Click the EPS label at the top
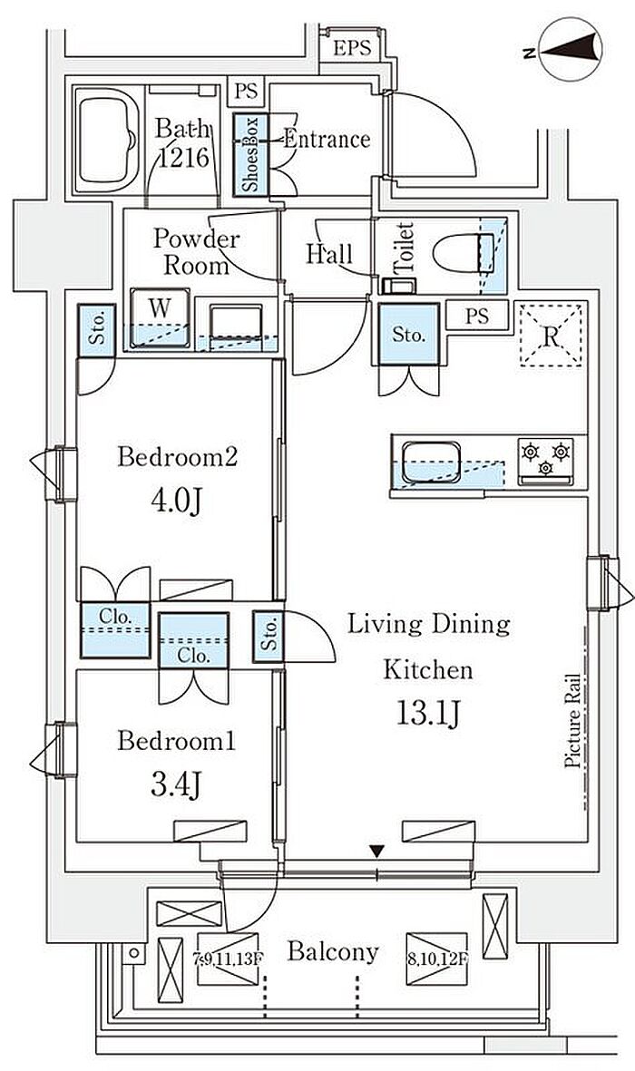pyautogui.click(x=353, y=48)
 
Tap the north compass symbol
pyautogui.click(x=569, y=49)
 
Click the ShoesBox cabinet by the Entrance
pyautogui.click(x=251, y=155)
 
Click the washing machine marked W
pyautogui.click(x=161, y=317)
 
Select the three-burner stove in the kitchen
pyautogui.click(x=545, y=460)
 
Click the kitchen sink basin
pyautogui.click(x=431, y=462)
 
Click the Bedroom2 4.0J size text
pyautogui.click(x=176, y=502)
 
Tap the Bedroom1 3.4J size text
pyautogui.click(x=176, y=785)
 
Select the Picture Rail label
pyautogui.click(x=572, y=722)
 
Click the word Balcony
pyautogui.click(x=333, y=952)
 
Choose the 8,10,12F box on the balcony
pyautogui.click(x=436, y=959)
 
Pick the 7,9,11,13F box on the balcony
pyautogui.click(x=229, y=959)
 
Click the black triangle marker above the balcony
pyautogui.click(x=376, y=851)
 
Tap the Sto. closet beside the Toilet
pyautogui.click(x=409, y=335)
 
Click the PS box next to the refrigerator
pyautogui.click(x=478, y=316)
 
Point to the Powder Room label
pyautogui.click(x=192, y=251)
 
